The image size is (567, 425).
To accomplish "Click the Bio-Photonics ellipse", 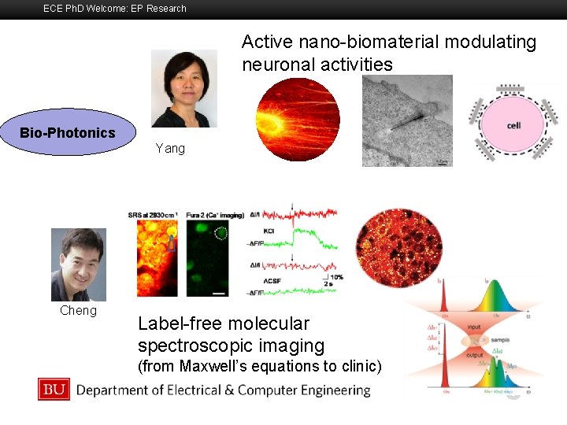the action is coord(68,132).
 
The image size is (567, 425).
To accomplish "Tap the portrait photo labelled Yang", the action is coord(183,88).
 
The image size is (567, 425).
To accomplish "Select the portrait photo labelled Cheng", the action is coord(78,264).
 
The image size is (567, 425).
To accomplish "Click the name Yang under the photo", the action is coord(170,148).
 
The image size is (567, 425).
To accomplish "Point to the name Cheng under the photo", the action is coord(78,310).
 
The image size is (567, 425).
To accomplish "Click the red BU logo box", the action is coord(54,389).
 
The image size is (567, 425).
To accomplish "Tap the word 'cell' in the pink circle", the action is coord(513,126).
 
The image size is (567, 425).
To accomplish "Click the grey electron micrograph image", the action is coord(407,120).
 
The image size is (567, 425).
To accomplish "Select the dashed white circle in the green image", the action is coord(220,234).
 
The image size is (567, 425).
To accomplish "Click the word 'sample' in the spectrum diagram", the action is coord(498,339).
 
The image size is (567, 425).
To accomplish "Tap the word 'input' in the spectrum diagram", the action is coord(474,326).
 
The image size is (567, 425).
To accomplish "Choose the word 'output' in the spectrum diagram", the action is coord(474,353).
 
